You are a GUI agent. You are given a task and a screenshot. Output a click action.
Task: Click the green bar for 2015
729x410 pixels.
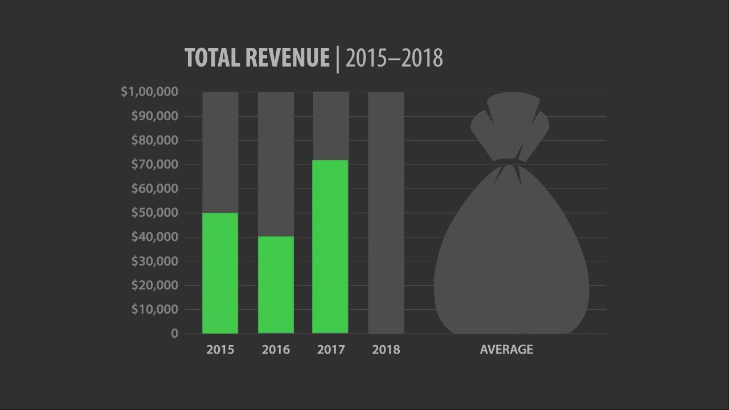[220, 273]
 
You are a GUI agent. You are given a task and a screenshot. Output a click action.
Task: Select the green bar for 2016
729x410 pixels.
[276, 285]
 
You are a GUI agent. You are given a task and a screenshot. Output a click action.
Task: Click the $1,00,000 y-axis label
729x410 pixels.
[150, 92]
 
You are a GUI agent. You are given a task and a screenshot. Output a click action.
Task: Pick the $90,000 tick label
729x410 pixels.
[155, 116]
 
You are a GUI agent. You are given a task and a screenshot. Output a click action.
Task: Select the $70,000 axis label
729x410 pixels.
[155, 165]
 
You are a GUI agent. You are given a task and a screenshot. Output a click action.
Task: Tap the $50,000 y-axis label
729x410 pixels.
[155, 213]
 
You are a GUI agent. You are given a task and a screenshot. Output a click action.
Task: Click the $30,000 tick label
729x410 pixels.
[155, 261]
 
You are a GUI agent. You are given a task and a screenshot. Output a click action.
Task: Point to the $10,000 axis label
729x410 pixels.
[155, 310]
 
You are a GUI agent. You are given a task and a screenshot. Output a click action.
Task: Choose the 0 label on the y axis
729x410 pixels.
[174, 334]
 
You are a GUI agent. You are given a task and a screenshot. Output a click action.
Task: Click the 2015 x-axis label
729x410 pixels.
[220, 350]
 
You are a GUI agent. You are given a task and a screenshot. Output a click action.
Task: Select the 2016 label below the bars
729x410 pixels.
[276, 350]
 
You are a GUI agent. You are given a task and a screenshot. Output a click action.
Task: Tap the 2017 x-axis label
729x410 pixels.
[331, 350]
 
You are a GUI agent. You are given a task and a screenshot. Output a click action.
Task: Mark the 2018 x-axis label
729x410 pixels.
[386, 350]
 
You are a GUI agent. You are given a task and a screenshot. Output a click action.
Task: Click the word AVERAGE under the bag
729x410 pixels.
[506, 350]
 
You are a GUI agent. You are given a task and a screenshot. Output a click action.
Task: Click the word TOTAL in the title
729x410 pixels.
[212, 58]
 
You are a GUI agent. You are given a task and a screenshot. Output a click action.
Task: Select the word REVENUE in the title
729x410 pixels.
[288, 58]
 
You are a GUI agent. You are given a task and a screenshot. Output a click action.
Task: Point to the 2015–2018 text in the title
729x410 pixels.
[394, 58]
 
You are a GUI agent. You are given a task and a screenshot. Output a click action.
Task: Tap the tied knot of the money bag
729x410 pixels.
[508, 163]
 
